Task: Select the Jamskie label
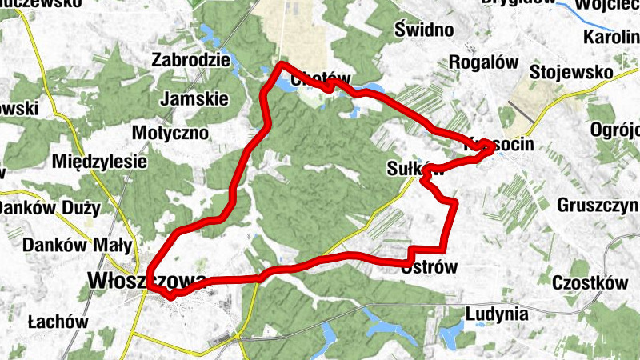point(194,99)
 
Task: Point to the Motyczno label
point(170,132)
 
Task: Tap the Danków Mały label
point(77,244)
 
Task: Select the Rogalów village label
point(483,62)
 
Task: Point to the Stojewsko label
point(571,73)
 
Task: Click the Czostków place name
point(588,282)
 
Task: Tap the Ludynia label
point(496,314)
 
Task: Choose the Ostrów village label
point(429,268)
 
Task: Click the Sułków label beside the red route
point(414,169)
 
